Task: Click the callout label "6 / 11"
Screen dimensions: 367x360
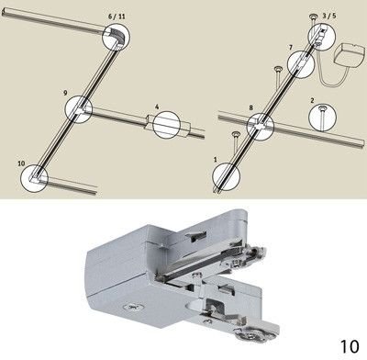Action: [x=117, y=17]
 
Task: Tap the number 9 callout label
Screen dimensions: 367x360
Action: [x=65, y=93]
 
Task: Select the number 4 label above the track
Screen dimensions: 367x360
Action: [x=157, y=107]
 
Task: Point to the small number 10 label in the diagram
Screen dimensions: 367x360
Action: [x=21, y=163]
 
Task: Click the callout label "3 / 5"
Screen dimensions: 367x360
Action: [x=329, y=16]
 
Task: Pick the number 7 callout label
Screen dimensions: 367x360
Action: [x=291, y=48]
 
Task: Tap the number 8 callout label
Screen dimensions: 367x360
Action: [x=251, y=107]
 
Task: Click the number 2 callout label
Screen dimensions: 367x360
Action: [x=312, y=100]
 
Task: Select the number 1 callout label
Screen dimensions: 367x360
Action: [x=216, y=159]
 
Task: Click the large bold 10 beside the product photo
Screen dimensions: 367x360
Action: [x=350, y=346]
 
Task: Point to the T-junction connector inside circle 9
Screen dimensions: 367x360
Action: [x=81, y=109]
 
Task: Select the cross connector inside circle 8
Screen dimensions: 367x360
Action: [x=261, y=126]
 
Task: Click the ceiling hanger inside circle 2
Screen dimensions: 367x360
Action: [x=322, y=117]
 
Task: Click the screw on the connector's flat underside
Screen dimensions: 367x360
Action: [x=131, y=306]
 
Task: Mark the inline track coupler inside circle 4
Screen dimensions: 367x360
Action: [x=167, y=124]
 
